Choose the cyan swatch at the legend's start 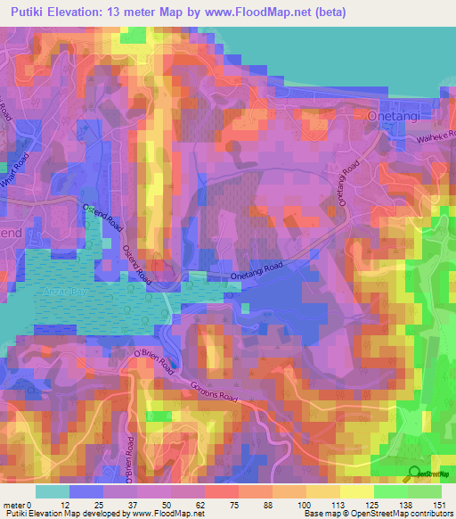[x=52, y=491]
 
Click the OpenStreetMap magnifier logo [x=414, y=474]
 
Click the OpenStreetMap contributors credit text [x=393, y=514]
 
